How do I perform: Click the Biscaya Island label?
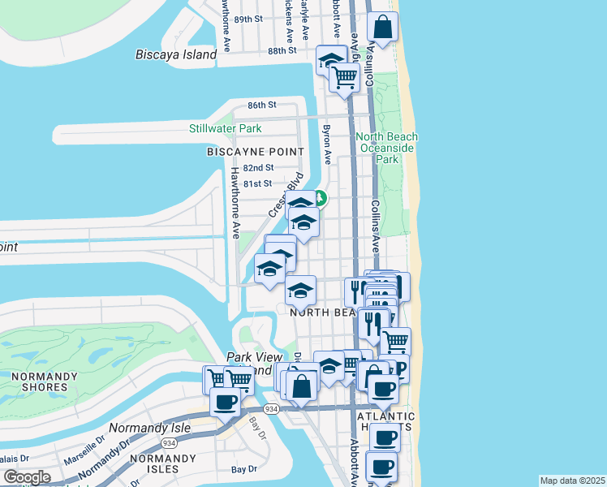pyautogui.click(x=176, y=55)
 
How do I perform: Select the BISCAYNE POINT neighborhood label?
pyautogui.click(x=255, y=152)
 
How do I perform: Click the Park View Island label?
pyautogui.click(x=255, y=363)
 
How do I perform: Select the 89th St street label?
pyautogui.click(x=248, y=18)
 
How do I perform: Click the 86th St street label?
pyautogui.click(x=262, y=106)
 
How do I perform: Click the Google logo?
pyautogui.click(x=27, y=477)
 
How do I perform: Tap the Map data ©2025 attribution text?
pyautogui.click(x=572, y=481)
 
